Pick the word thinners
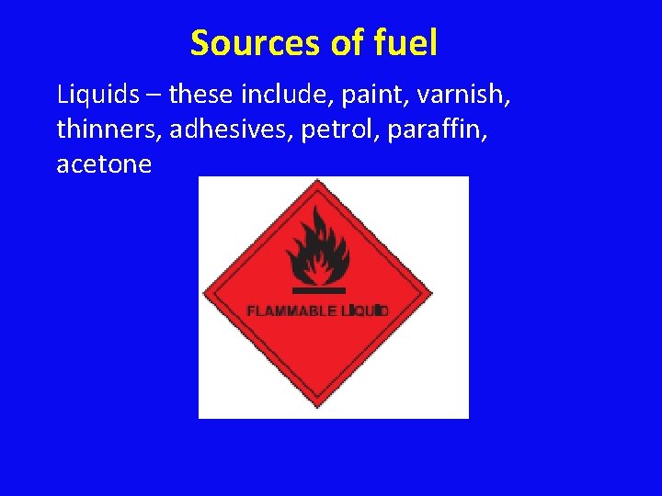pyautogui.click(x=108, y=130)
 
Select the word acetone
pyautogui.click(x=104, y=165)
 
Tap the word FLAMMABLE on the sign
pyautogui.click(x=291, y=311)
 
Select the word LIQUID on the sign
pyautogui.click(x=365, y=311)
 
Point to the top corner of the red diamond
pyautogui.click(x=317, y=181)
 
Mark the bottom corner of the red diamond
pyautogui.click(x=317, y=409)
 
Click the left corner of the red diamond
pyautogui.click(x=203, y=295)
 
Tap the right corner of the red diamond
pyautogui.click(x=432, y=295)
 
